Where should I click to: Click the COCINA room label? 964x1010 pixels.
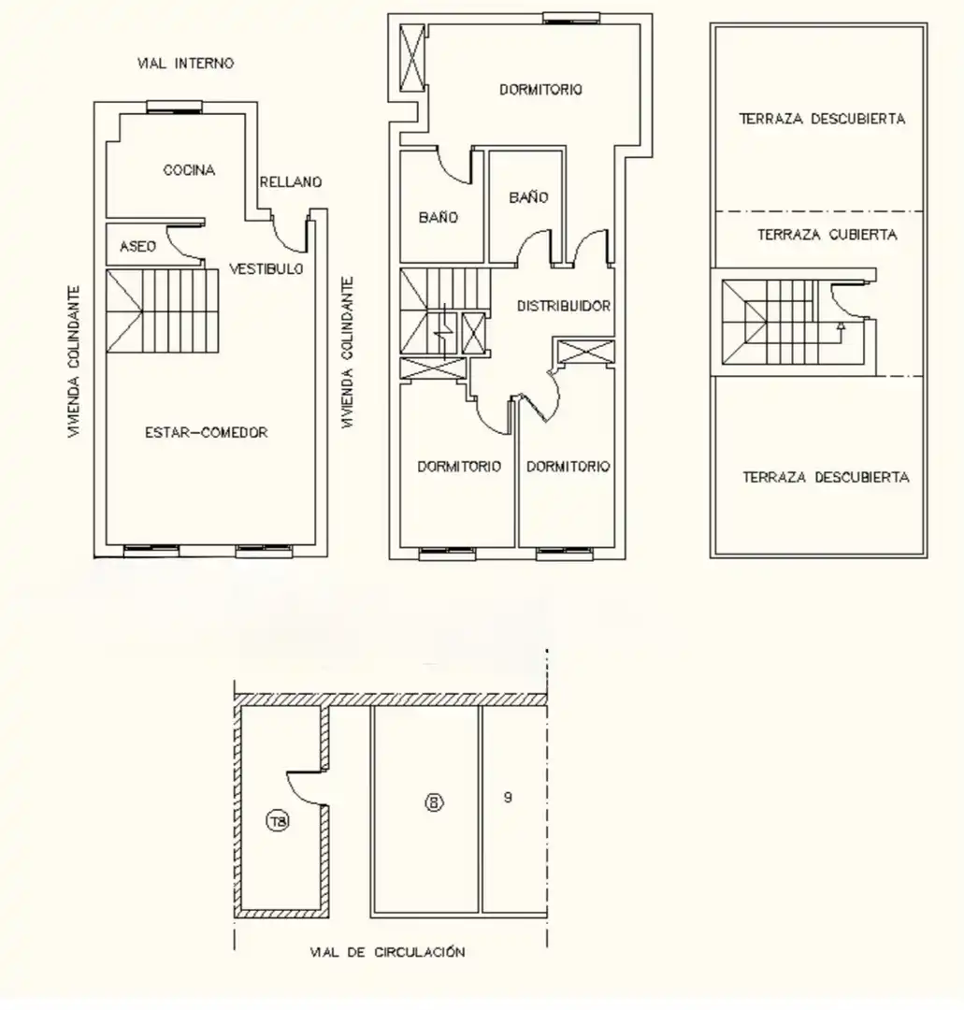[189, 170]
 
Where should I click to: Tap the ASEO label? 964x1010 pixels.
[137, 246]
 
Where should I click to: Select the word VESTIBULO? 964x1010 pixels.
[266, 268]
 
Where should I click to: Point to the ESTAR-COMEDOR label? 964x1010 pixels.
[206, 432]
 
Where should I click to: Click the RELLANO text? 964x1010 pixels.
[291, 182]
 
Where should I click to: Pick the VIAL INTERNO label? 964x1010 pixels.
[185, 64]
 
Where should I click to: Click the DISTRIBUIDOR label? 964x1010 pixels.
[564, 306]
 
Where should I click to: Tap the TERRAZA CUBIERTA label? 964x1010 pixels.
[827, 235]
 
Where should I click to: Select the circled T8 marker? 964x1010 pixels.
[278, 821]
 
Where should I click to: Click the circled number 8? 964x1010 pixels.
[434, 802]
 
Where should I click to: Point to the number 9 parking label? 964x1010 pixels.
[508, 798]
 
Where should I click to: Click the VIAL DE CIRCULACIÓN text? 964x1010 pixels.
[387, 951]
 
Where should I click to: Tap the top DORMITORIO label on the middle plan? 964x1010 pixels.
[541, 90]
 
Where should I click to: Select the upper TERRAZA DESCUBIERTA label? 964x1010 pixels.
[822, 119]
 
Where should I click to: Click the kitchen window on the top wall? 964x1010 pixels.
[174, 108]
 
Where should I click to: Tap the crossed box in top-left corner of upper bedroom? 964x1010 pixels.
[412, 58]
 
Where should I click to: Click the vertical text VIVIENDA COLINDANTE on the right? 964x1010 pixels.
[348, 353]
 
